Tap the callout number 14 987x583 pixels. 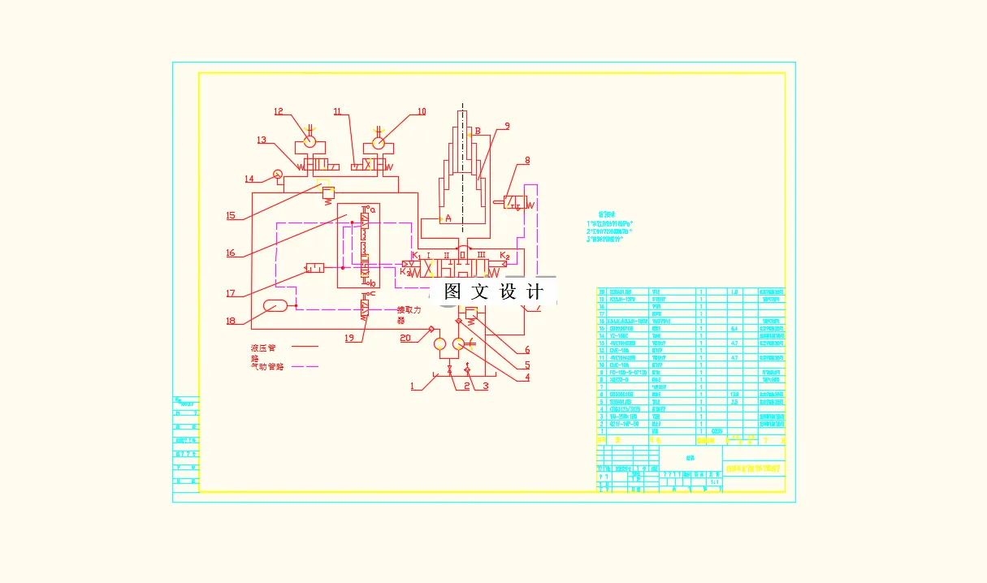pyautogui.click(x=249, y=179)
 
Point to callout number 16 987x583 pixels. pyautogui.click(x=231, y=253)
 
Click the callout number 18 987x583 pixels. pyautogui.click(x=231, y=321)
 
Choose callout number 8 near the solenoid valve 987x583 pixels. pyautogui.click(x=526, y=161)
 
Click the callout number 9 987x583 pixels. pyautogui.click(x=506, y=126)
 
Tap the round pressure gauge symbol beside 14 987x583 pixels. pyautogui.click(x=277, y=173)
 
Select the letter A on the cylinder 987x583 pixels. pyautogui.click(x=448, y=218)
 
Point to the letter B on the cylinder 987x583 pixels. pyautogui.click(x=478, y=131)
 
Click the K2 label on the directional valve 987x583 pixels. pyautogui.click(x=504, y=256)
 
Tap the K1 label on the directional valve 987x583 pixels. pyautogui.click(x=415, y=256)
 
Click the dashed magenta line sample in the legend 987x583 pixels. pyautogui.click(x=305, y=366)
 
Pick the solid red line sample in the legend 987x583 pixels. pyautogui.click(x=305, y=347)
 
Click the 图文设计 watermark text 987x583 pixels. pyautogui.click(x=493, y=291)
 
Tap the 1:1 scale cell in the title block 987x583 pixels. pyautogui.click(x=714, y=482)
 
